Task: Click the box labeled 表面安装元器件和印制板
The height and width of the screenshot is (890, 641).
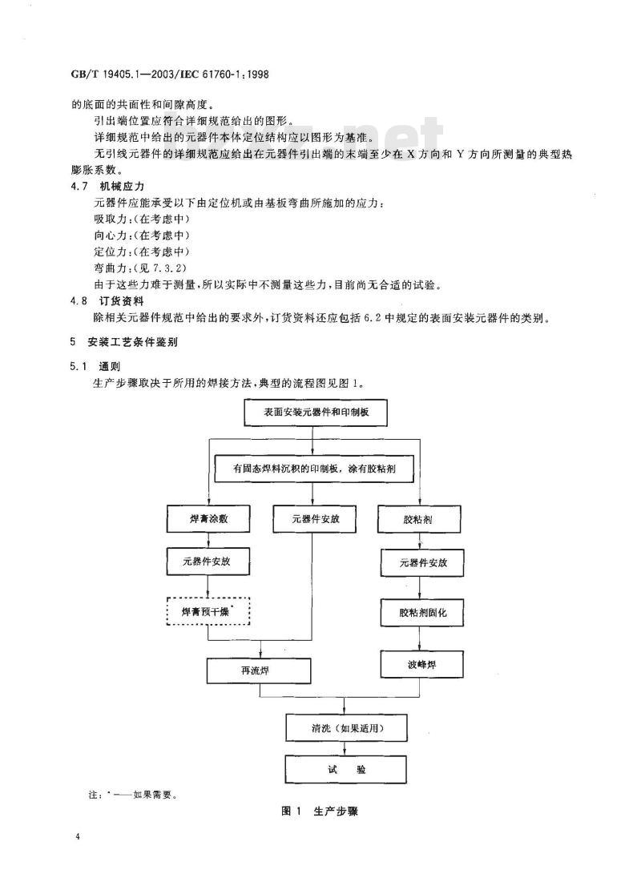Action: [x=316, y=412]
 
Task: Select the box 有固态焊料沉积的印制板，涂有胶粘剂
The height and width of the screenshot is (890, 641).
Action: [x=314, y=469]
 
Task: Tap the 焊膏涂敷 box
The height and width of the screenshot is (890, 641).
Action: [x=208, y=519]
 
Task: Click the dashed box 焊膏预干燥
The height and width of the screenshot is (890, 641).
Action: [x=208, y=611]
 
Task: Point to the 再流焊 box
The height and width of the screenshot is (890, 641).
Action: [x=259, y=671]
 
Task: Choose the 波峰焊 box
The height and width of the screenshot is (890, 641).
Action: [x=421, y=664]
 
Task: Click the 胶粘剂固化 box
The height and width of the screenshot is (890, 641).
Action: [x=422, y=613]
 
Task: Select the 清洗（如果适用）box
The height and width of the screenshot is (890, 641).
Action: [x=346, y=727]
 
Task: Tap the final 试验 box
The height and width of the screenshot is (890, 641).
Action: [x=346, y=769]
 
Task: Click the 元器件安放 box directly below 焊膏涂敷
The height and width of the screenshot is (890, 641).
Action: [x=208, y=562]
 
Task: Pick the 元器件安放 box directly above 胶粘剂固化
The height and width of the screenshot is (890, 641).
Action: [x=422, y=563]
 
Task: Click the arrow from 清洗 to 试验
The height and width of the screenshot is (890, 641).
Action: [x=346, y=748]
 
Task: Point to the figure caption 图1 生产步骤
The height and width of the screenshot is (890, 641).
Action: [x=320, y=811]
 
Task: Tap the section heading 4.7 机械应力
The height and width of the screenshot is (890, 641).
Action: [x=107, y=186]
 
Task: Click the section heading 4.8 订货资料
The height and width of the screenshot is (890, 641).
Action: [x=107, y=301]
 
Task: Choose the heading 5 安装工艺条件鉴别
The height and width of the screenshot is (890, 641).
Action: [x=123, y=342]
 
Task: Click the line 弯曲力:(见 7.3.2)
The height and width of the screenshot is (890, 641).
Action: [x=140, y=268]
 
